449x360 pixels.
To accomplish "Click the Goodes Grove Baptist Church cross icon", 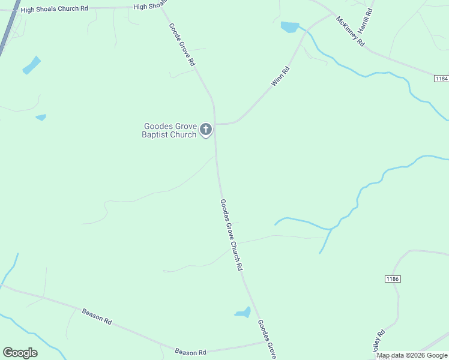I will coord(206,129).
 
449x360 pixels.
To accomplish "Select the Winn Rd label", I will coord(280,77).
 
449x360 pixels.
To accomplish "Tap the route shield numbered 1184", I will coord(441,79).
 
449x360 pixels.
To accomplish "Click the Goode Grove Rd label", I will coord(182,44).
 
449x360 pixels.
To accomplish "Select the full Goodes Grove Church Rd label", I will coord(231,234).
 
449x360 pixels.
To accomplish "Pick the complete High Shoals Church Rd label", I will coord(54,10).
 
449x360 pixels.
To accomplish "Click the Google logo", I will coord(20,353).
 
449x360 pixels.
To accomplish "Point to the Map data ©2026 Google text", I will coord(412,355).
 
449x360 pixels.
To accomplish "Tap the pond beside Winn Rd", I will coord(289,27).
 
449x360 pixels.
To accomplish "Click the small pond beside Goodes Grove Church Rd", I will coord(243,312).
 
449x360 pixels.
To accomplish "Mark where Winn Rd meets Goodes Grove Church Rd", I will coord(215,124).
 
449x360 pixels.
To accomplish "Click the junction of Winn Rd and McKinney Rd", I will coord(334,14).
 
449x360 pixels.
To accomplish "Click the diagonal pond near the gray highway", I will coord(31,65).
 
